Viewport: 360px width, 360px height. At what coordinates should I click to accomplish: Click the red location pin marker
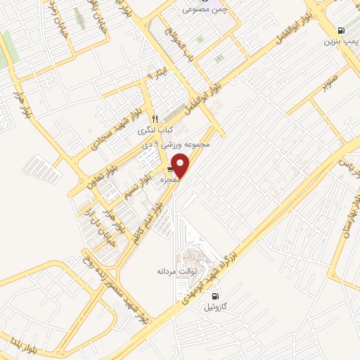pyautogui.click(x=181, y=165)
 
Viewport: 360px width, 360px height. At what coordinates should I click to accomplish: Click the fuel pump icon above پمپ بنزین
pyautogui.click(x=341, y=30)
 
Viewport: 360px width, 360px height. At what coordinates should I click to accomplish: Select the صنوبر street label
pyautogui.click(x=330, y=84)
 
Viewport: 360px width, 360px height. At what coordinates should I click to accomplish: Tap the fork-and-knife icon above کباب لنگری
pyautogui.click(x=156, y=118)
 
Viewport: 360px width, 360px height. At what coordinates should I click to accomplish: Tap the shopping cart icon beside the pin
pyautogui.click(x=171, y=171)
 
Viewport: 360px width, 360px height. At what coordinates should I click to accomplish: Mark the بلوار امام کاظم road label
pyautogui.click(x=146, y=221)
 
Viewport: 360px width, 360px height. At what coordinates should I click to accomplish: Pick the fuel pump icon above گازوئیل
pyautogui.click(x=215, y=295)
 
